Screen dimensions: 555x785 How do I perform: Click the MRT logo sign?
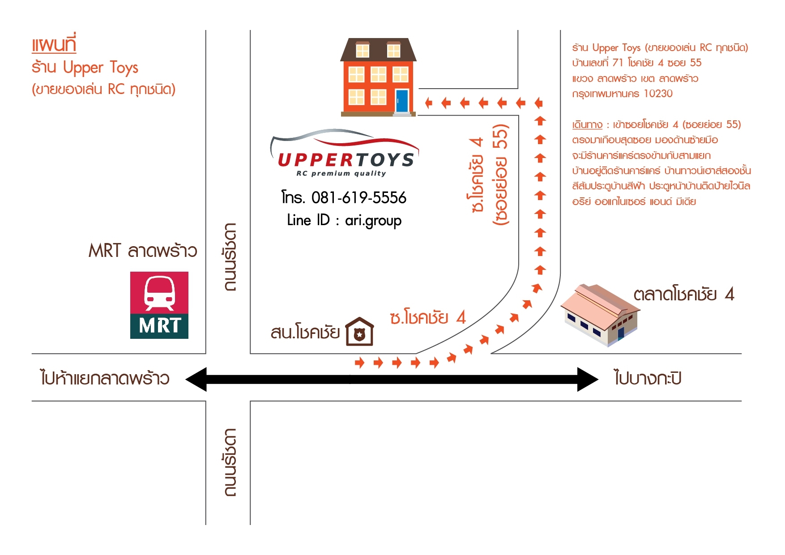point(159,305)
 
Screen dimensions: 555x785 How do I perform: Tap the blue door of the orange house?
point(402,101)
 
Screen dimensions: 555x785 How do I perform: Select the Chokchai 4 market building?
point(600,316)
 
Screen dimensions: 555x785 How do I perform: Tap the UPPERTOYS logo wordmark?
point(346,160)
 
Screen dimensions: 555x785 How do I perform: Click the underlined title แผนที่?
point(54,44)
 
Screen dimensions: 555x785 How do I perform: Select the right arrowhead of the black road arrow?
point(587,380)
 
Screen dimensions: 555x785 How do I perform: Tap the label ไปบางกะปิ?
point(648,378)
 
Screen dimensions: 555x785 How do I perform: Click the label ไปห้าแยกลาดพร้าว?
point(105,378)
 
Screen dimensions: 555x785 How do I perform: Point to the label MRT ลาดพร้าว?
point(142,251)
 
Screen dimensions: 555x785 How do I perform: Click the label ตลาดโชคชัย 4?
point(683,295)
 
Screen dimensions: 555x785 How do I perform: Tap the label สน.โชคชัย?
point(305,333)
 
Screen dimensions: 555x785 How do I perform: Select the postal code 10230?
point(658,94)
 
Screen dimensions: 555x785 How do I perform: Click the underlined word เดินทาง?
point(587,124)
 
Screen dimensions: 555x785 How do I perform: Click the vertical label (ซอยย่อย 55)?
point(500,175)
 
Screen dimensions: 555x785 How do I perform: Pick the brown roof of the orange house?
point(378,49)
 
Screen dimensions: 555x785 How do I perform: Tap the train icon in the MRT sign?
point(159,293)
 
